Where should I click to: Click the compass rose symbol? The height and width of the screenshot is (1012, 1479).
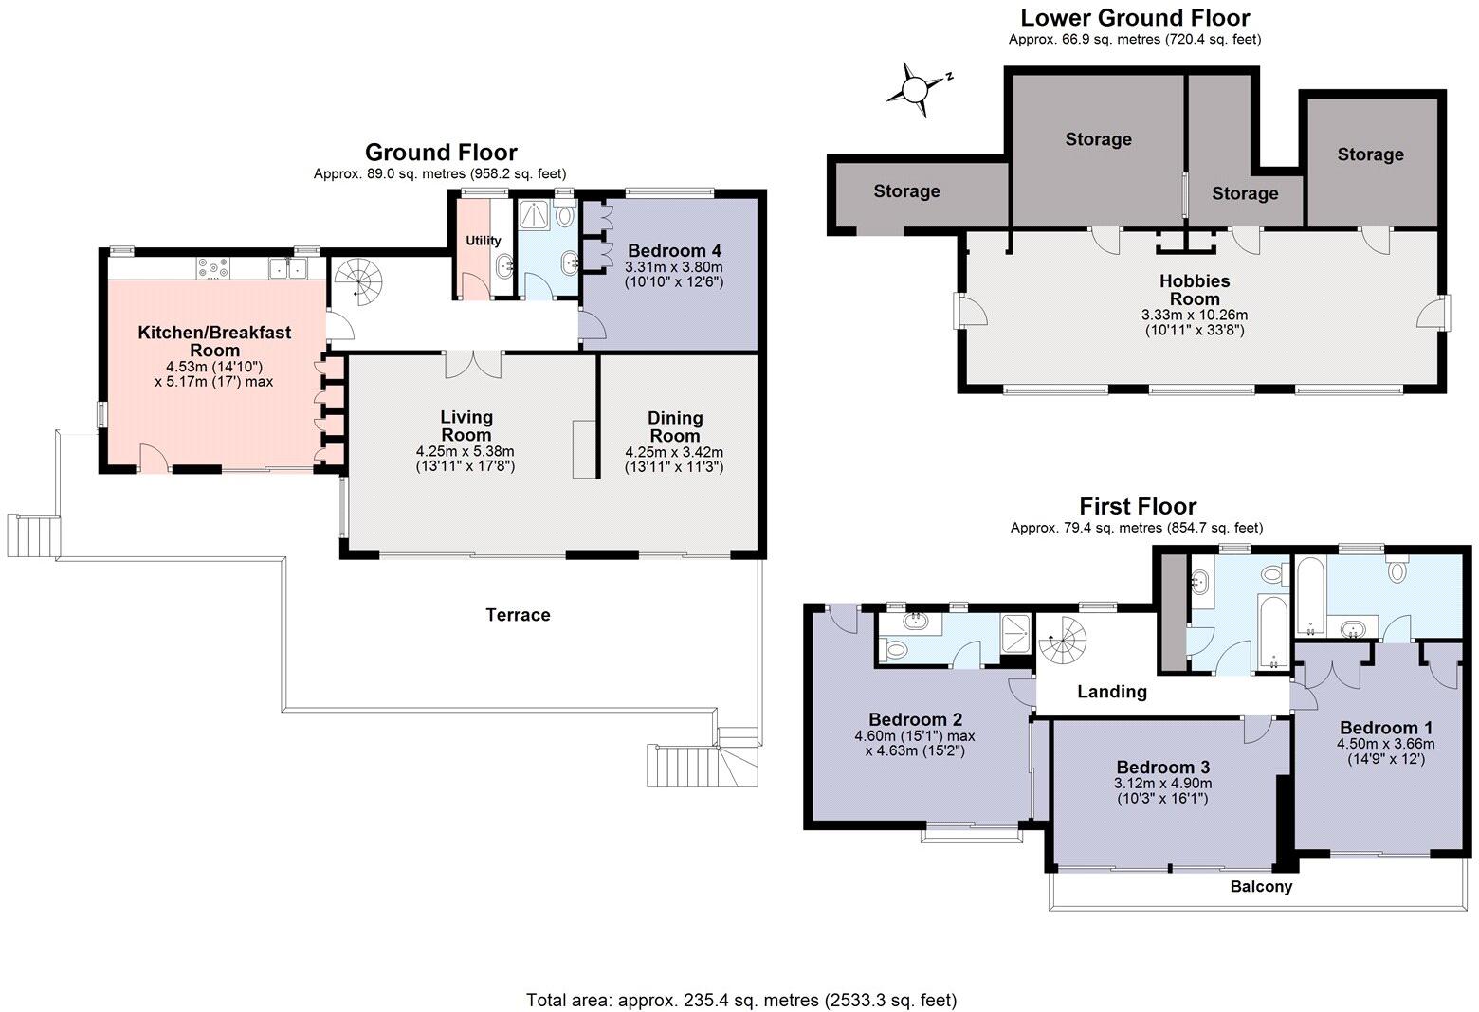point(916,89)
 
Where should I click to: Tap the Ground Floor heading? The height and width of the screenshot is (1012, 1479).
point(441,153)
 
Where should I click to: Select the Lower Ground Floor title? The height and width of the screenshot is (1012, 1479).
point(1135,18)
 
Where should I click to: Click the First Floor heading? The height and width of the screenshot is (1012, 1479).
point(1138,506)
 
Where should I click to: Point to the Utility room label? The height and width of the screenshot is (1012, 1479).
point(483,241)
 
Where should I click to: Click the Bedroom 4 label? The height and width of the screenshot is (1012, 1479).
point(674,251)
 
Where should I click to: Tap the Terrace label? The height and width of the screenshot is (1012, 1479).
point(518,615)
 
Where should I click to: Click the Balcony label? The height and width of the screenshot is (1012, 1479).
point(1261,887)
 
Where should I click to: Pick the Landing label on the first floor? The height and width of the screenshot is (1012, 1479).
point(1111,692)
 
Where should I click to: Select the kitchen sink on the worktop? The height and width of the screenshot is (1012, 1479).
point(289,269)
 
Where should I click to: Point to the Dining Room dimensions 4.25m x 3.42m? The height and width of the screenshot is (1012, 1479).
point(674,452)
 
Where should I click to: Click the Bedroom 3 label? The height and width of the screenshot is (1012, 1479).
point(1162,768)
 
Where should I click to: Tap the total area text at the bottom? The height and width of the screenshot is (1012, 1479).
point(741,1001)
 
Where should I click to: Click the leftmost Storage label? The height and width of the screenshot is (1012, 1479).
point(906,191)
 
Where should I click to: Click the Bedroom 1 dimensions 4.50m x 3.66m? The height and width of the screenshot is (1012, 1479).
point(1385,744)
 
